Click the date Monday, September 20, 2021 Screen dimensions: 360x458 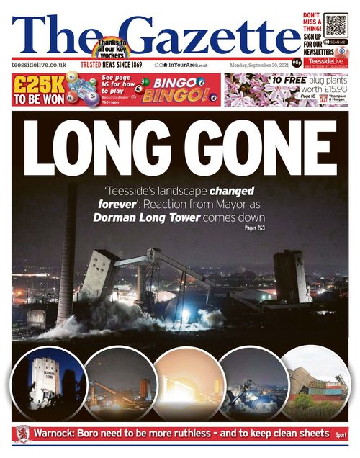[x=260, y=65]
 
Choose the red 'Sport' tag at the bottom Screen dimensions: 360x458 [x=341, y=435]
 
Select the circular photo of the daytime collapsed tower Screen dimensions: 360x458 [x=315, y=385]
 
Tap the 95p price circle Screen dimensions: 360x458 [x=296, y=63]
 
